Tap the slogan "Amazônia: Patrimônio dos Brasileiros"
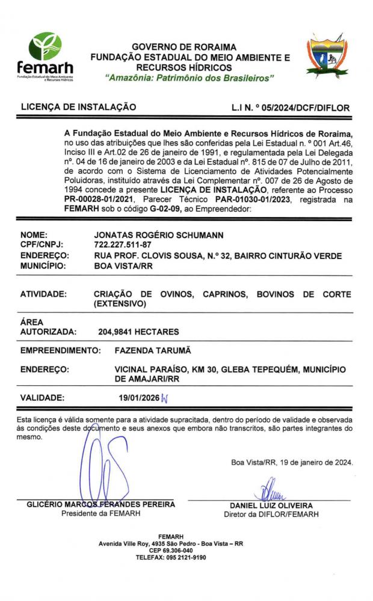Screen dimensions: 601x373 tap(190, 79)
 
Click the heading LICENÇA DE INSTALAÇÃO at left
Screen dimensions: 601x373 tap(78, 108)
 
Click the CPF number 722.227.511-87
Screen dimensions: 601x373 tap(123, 246)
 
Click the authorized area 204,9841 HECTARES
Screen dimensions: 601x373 tap(138, 331)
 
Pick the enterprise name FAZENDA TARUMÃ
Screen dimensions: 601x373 tap(152, 350)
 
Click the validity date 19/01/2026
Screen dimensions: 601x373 tap(140, 397)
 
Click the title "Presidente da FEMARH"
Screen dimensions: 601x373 tap(102, 514)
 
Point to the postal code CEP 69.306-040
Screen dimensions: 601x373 tap(171, 550)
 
